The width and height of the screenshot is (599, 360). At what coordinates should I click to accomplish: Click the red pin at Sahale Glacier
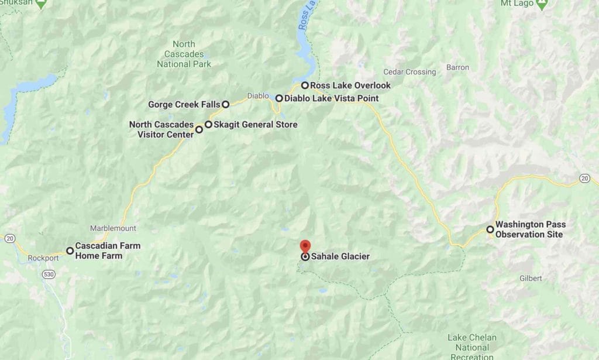coord(305,246)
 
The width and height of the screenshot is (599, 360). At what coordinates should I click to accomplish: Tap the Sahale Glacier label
coord(340,256)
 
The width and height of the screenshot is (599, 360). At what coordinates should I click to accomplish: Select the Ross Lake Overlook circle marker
coord(305,85)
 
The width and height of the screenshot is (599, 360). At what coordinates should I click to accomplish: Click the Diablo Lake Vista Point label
coord(331,98)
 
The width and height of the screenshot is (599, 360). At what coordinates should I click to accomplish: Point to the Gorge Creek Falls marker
coord(225,105)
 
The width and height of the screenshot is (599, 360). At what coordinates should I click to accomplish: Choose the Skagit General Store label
coord(255,125)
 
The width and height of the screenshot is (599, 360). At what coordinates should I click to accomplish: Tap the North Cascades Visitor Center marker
coord(199,129)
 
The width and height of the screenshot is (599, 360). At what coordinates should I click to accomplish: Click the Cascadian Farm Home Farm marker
coord(70,251)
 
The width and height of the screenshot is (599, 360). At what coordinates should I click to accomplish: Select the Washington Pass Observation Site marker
coord(490,229)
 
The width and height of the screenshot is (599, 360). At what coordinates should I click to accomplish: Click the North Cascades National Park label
coord(184,54)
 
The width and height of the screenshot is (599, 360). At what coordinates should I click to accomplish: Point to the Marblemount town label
coord(113,228)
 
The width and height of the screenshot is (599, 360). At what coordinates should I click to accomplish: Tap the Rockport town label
coord(43,258)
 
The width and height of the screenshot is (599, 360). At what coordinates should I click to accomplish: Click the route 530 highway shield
coord(48,275)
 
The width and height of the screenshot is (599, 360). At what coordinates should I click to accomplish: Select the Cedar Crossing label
coord(409,72)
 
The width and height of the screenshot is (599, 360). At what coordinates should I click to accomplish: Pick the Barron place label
coord(457,67)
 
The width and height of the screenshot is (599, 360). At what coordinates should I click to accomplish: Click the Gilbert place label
coord(530,279)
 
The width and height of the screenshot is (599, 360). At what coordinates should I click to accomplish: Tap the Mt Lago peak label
coord(515,3)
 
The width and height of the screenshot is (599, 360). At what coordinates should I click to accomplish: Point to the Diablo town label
coord(257,95)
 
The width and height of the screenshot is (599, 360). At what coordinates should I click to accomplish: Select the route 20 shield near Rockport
coord(9,238)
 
